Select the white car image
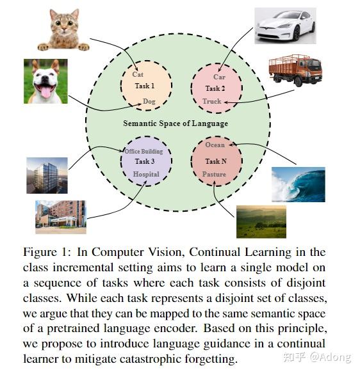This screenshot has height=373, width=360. click(x=284, y=26)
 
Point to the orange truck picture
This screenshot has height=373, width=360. click(x=295, y=70)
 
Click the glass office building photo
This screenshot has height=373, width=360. click(x=47, y=175)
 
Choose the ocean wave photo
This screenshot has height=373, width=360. click(x=298, y=184)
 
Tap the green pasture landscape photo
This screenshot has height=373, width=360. click(x=261, y=221)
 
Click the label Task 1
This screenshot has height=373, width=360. click(x=145, y=86)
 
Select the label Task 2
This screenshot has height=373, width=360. click(x=216, y=88)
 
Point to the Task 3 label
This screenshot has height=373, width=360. click(x=145, y=161)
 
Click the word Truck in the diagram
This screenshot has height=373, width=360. click(x=212, y=101)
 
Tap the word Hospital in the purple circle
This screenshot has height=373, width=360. click(x=145, y=174)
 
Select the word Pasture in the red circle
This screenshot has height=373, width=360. click(x=214, y=174)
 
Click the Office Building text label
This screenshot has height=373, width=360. click(x=147, y=151)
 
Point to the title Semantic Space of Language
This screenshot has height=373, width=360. click(x=176, y=123)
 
